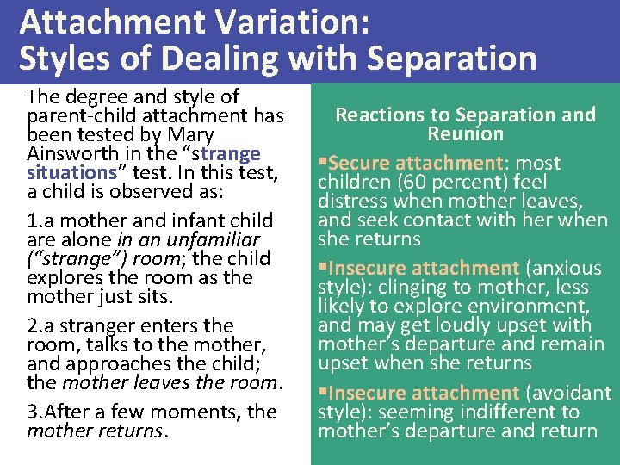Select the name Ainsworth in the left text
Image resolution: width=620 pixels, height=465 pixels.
66,154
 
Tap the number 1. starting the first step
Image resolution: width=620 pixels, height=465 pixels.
35,220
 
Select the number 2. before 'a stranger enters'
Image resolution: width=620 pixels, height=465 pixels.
35,325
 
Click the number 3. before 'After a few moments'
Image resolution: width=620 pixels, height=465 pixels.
35,411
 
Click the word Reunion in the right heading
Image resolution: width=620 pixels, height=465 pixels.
466,133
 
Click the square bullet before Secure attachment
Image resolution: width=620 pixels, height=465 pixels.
322,163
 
